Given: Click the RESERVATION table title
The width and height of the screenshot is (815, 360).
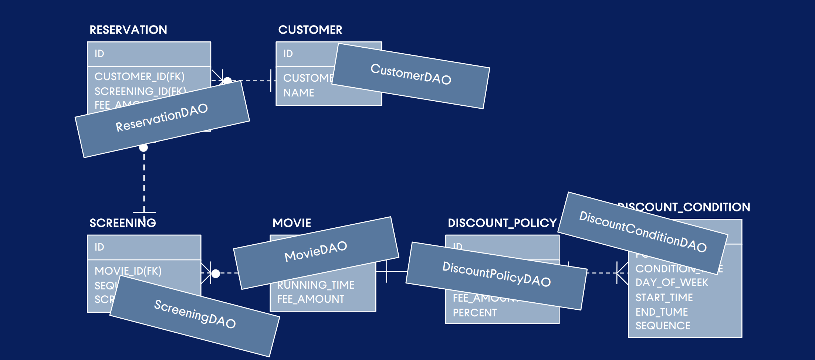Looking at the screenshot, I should click(x=128, y=30).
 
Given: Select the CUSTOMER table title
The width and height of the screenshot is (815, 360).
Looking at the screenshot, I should click(x=310, y=30).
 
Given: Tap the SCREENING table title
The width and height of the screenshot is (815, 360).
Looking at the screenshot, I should click(x=123, y=223).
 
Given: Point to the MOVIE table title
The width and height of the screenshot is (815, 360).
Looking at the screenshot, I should click(x=292, y=223).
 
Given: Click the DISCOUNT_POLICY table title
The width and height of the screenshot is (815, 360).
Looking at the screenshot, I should click(x=502, y=223).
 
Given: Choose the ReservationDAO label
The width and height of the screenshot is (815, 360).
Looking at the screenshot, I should click(x=162, y=118).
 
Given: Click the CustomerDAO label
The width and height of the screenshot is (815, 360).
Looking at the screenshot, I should click(x=411, y=74).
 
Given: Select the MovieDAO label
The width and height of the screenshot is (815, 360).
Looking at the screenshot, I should click(x=315, y=251).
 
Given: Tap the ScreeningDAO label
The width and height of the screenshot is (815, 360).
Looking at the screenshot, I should click(x=195, y=314).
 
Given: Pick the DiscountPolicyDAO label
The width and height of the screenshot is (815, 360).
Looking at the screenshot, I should click(x=497, y=274).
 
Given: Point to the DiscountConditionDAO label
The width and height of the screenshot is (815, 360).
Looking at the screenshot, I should click(x=643, y=232).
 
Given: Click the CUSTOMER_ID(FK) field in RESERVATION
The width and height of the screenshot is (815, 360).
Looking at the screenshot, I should click(x=139, y=77).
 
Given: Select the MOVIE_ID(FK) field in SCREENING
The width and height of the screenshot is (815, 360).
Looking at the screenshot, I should click(x=128, y=271).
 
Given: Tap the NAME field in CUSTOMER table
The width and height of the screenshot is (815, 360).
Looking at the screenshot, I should click(x=299, y=93).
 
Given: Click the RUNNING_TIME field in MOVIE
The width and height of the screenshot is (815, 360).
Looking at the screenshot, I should click(x=316, y=285).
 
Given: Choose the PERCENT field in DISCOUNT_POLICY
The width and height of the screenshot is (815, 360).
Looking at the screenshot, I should click(x=475, y=313).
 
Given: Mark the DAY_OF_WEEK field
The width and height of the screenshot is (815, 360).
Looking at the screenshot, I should click(x=672, y=283).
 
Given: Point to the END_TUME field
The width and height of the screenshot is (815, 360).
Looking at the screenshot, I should click(x=662, y=312).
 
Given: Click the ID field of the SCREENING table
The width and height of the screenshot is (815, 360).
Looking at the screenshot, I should click(x=99, y=247).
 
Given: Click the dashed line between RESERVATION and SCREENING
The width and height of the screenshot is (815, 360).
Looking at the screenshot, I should click(x=144, y=181).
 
